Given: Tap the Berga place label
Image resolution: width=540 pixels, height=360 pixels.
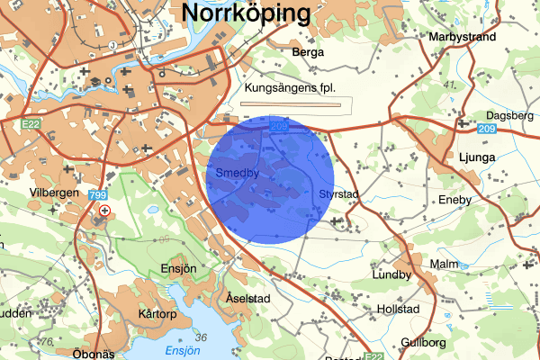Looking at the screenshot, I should pyautogui.click(x=308, y=53).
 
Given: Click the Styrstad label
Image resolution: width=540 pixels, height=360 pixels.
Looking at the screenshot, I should pyautogui.click(x=339, y=194).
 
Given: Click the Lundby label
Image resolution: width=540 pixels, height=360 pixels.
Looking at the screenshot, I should pyautogui.click(x=391, y=275).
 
